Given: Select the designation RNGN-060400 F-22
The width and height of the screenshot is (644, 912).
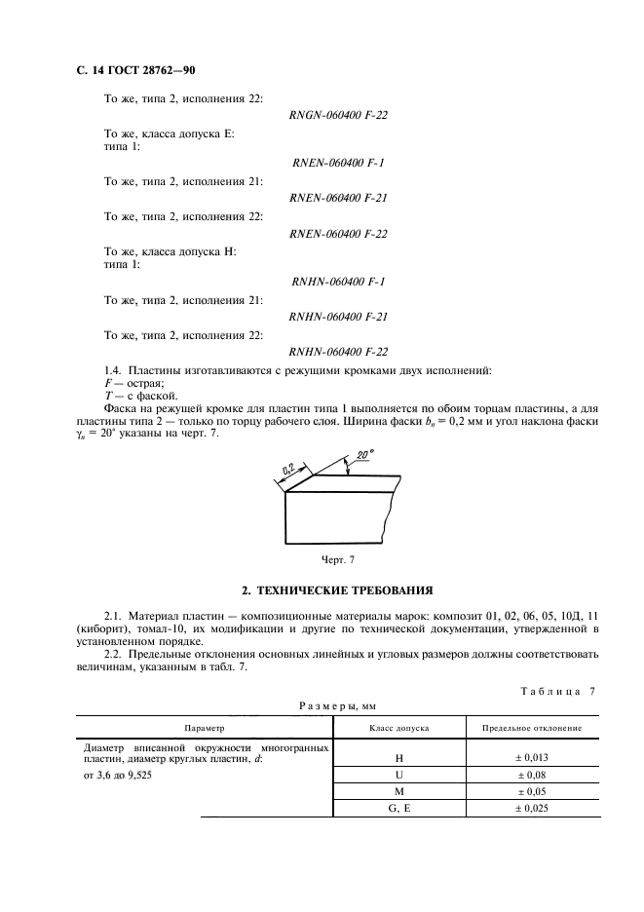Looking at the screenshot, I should pyautogui.click(x=339, y=116).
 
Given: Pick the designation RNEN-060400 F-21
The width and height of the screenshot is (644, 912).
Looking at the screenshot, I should pyautogui.click(x=339, y=198).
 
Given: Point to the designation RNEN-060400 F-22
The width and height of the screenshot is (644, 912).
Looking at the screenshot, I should pyautogui.click(x=339, y=233).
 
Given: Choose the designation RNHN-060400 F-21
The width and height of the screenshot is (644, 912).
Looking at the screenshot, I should pyautogui.click(x=339, y=317).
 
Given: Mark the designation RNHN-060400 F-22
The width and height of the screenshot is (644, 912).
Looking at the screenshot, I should pyautogui.click(x=339, y=352).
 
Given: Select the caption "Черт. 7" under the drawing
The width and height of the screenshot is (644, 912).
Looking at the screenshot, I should pyautogui.click(x=340, y=559).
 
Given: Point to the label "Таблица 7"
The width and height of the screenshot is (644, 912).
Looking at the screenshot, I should pyautogui.click(x=551, y=691).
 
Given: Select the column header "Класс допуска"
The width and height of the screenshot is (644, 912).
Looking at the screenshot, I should pyautogui.click(x=398, y=728).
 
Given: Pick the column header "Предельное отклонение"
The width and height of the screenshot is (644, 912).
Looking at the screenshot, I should pyautogui.click(x=533, y=728).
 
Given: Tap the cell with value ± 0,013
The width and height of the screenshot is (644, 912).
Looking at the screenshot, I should pyautogui.click(x=533, y=757).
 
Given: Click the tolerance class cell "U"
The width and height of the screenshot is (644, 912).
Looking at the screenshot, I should pyautogui.click(x=398, y=775).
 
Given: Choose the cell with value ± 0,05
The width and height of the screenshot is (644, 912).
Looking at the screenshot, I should pyautogui.click(x=533, y=792).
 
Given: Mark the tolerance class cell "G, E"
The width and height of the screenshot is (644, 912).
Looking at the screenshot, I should pyautogui.click(x=398, y=810).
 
